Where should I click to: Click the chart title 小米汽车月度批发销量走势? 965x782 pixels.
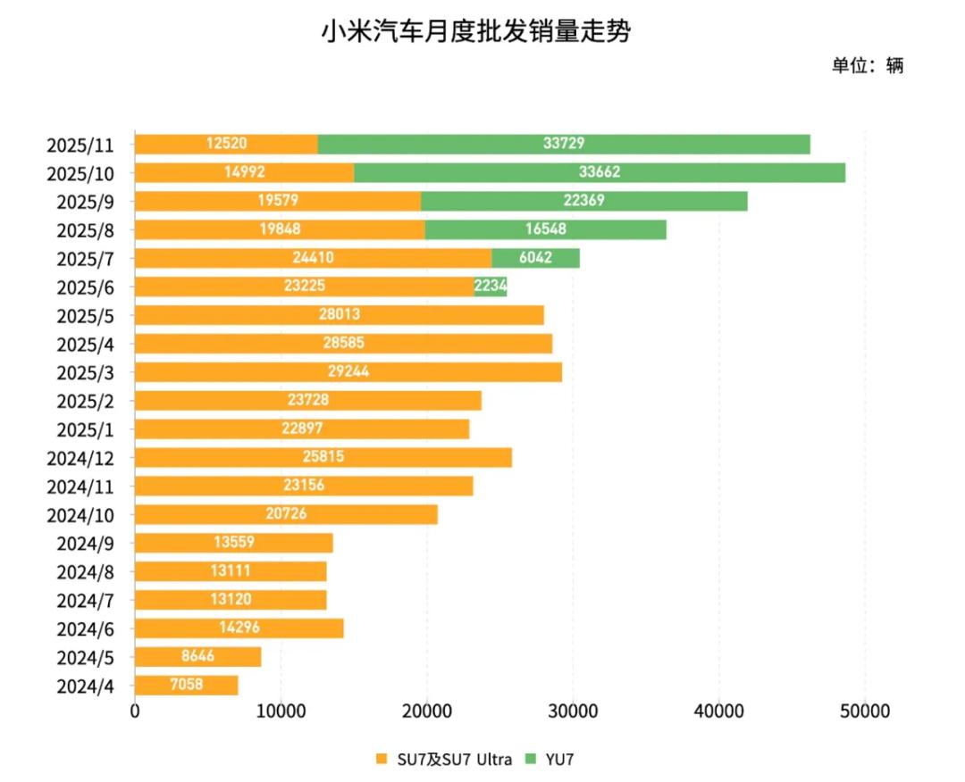coord(475,33)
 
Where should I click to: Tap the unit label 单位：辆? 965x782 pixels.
coord(868,65)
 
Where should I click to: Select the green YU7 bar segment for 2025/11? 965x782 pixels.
coord(564,144)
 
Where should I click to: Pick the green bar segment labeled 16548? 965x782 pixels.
coord(546,229)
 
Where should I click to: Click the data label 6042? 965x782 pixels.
coord(535,258)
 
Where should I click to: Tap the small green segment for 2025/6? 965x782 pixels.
coord(491,287)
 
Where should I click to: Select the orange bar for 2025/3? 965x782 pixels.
coord(348,372)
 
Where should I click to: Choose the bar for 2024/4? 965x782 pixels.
coord(186,686)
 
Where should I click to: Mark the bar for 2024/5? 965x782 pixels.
coord(197,657)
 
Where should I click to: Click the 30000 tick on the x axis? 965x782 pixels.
coord(573,711)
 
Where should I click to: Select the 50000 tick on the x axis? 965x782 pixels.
coord(865,711)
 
